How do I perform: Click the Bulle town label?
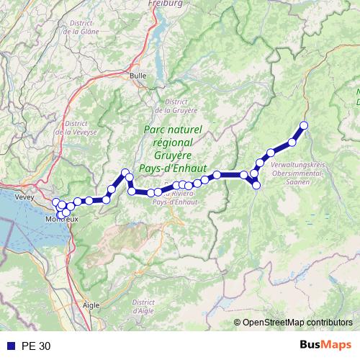pos(138,75)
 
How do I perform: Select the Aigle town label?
pos(91,305)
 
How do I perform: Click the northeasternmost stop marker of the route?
pos(304,126)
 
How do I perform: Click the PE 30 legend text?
pos(36,346)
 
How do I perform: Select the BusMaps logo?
pos(325,345)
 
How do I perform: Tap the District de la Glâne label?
pos(81,27)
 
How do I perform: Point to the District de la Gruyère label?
pos(176,106)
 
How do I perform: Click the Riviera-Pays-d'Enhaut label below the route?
pos(182,198)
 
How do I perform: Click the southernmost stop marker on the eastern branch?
pos(256,186)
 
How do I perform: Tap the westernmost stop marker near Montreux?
pos(55,202)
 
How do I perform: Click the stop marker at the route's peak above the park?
pos(125,173)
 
